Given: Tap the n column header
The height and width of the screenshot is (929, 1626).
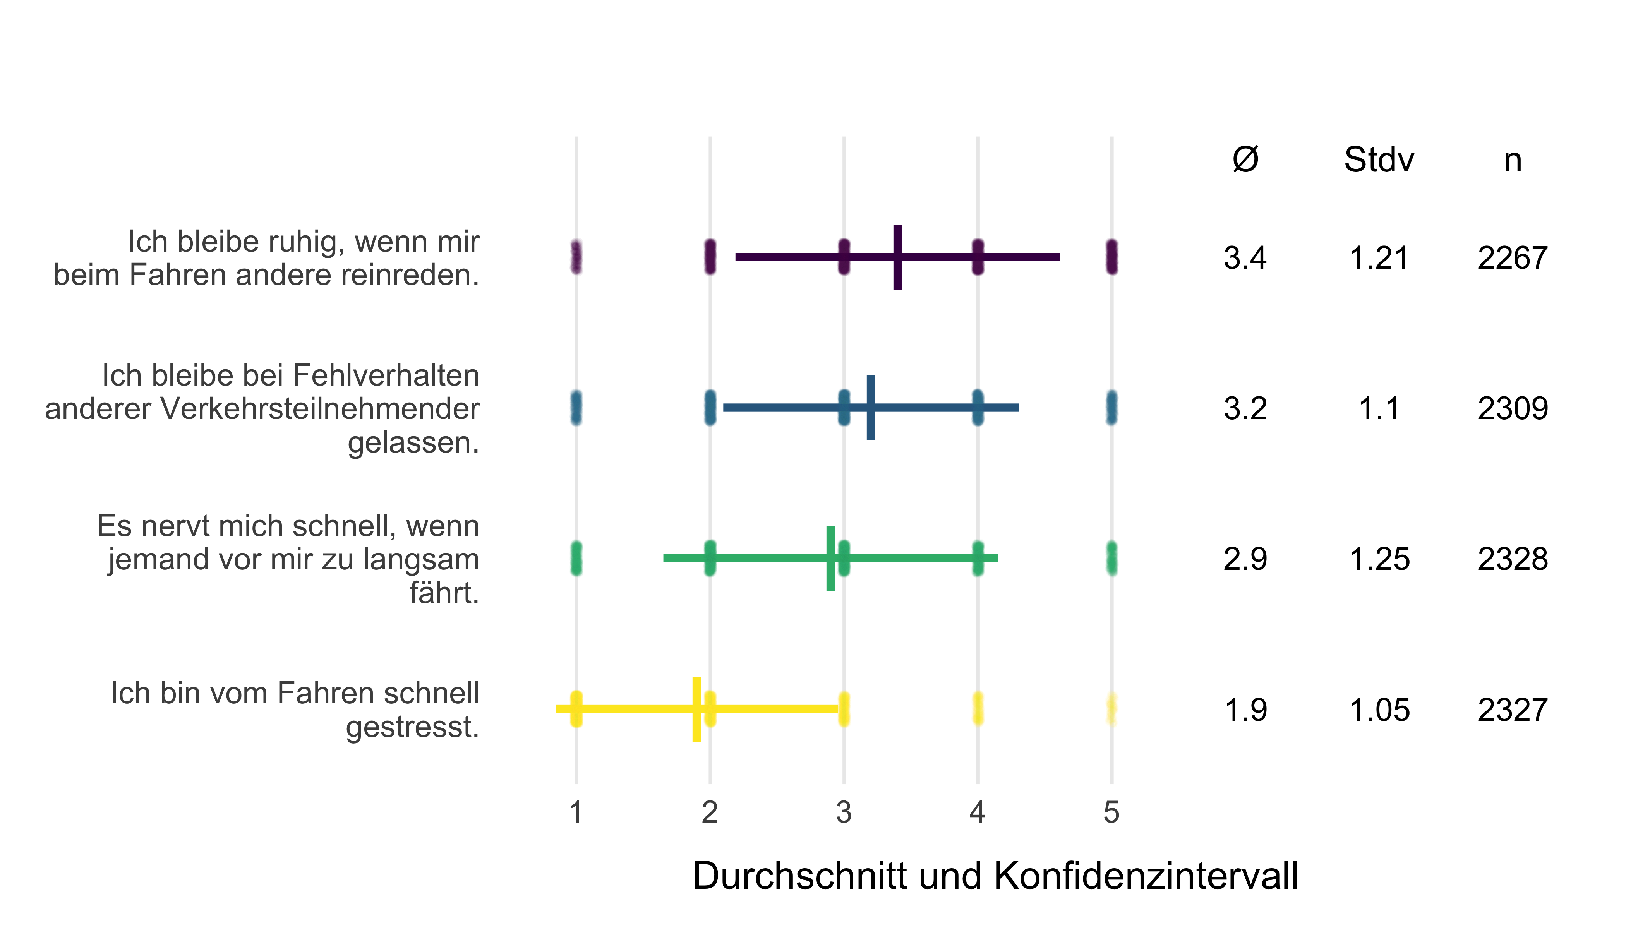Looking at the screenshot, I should coord(1513,161).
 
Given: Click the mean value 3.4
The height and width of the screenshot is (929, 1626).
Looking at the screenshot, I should coord(1245,258).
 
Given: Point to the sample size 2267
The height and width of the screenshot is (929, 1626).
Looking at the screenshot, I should coord(1513,258).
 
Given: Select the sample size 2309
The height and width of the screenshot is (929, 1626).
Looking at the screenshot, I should coord(1513,408).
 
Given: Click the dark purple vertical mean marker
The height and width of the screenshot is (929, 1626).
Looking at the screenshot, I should coord(897,257).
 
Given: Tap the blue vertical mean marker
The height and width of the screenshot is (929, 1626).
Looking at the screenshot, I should coord(870,408).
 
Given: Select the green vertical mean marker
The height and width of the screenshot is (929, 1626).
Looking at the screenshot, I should coord(830,558).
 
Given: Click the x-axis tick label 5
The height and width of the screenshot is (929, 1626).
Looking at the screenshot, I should coord(1111,812).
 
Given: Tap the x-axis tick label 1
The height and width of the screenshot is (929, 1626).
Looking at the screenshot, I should coord(576,812).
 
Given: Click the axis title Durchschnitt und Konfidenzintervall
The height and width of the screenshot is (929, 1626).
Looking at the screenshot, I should coord(995,876).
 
